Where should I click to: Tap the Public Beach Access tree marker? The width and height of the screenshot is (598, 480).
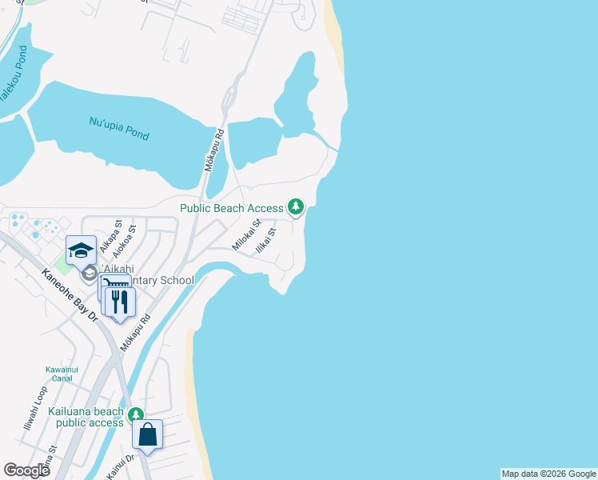click(x=297, y=207)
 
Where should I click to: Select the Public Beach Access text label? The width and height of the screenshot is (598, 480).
click(x=232, y=208)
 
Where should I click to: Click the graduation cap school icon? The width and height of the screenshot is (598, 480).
click(x=81, y=250)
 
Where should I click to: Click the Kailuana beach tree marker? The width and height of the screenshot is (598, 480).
click(x=136, y=414)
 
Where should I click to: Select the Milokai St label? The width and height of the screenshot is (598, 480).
click(x=247, y=235)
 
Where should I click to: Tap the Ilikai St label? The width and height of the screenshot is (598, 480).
click(x=265, y=241)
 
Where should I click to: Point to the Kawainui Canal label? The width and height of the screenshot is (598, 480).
click(x=61, y=374)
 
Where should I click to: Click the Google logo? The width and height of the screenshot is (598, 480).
click(x=26, y=470)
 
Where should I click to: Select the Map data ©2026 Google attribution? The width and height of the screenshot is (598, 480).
click(x=548, y=474)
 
